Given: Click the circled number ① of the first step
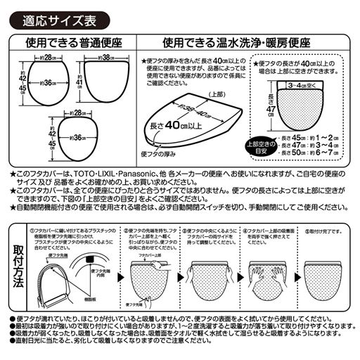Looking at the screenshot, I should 32,229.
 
